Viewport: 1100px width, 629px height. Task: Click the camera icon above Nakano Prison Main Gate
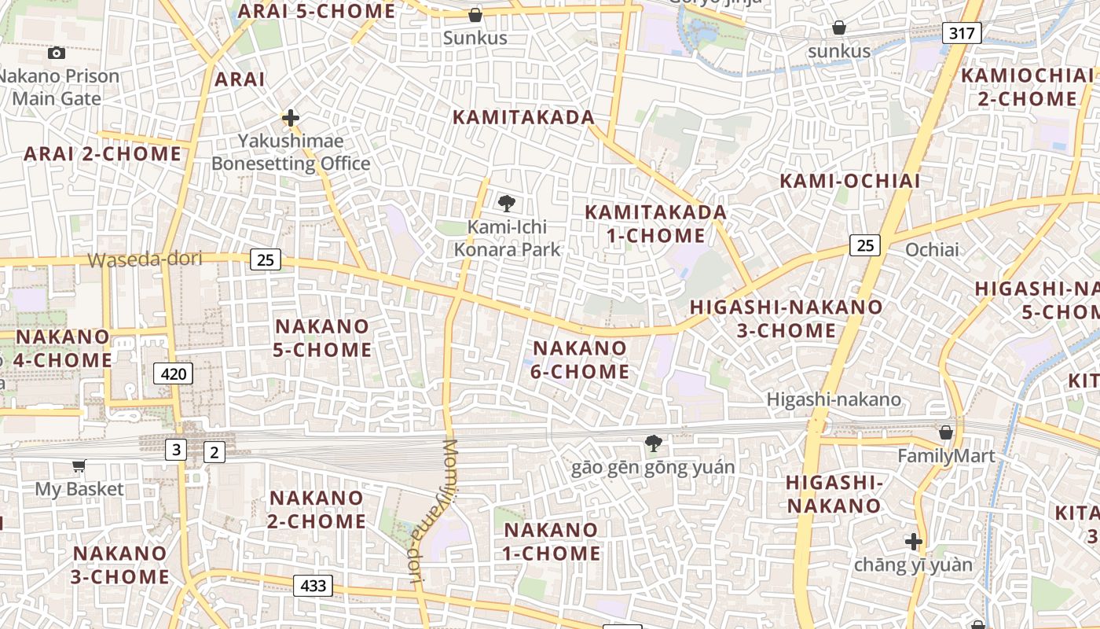(56, 53)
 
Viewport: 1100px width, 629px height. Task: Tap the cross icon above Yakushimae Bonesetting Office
(290, 119)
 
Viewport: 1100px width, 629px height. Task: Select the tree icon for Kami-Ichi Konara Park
(507, 204)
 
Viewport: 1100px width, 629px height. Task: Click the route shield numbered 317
(962, 33)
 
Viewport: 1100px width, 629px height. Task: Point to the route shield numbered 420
(173, 374)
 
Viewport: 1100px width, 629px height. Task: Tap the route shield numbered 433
(313, 586)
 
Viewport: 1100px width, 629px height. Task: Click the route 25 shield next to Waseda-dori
(266, 259)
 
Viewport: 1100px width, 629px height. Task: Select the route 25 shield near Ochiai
(864, 245)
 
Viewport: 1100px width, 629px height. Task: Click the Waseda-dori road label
(145, 259)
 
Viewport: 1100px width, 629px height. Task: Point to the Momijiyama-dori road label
(433, 511)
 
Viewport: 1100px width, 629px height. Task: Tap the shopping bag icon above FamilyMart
(946, 433)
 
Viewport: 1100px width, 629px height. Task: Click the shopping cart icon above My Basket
(79, 466)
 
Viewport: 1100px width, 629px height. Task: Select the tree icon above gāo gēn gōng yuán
(652, 443)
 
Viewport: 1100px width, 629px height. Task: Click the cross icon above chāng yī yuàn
(913, 542)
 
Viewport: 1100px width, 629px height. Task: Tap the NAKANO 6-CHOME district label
(581, 360)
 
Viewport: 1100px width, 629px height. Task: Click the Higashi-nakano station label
(834, 399)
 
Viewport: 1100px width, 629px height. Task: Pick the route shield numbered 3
(175, 451)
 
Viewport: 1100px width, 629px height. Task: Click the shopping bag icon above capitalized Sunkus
(475, 15)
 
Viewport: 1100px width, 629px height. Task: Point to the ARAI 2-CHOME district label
(102, 154)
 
